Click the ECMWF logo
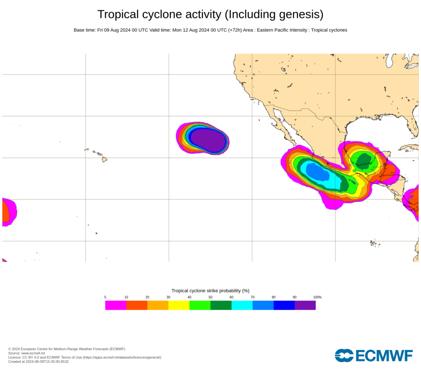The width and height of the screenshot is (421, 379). point(374,355)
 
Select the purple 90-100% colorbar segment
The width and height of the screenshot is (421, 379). point(305,305)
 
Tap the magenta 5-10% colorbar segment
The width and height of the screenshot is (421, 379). point(116,305)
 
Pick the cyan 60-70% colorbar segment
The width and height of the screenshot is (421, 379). point(242,305)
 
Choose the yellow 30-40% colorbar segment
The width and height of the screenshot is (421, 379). point(179,305)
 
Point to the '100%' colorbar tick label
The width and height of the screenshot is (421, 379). point(317,297)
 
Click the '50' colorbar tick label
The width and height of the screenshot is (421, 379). point(210,297)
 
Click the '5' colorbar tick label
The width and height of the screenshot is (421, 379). point(105,297)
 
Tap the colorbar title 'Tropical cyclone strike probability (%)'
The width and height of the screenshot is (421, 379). point(210,291)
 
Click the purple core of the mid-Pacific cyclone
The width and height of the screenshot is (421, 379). point(208,140)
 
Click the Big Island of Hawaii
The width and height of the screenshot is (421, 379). point(104,159)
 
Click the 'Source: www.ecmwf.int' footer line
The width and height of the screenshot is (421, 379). point(26,353)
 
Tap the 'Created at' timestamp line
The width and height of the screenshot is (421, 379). point(38,362)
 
